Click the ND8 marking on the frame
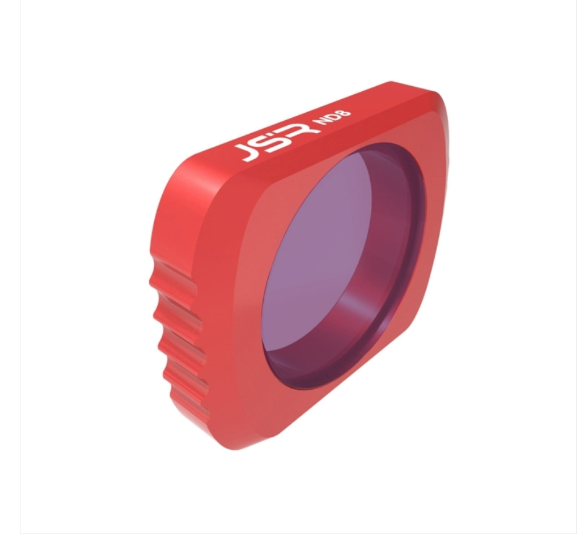tap(332, 118)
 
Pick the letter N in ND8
tap(321, 123)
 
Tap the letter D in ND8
tap(332, 118)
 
